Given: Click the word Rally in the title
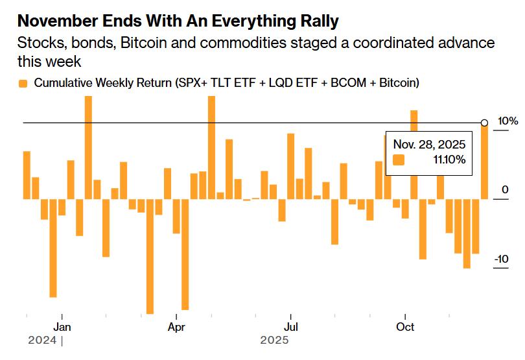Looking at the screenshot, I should pyautogui.click(x=315, y=21).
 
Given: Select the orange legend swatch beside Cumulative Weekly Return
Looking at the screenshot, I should pyautogui.click(x=23, y=83).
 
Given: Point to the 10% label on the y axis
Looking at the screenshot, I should pyautogui.click(x=507, y=121).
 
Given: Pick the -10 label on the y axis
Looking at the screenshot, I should pyautogui.click(x=501, y=259).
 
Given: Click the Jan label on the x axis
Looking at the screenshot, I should pyautogui.click(x=62, y=326).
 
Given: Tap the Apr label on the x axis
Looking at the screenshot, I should pyautogui.click(x=176, y=326).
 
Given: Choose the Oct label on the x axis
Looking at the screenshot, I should pyautogui.click(x=406, y=326).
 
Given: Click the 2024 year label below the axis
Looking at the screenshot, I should pyautogui.click(x=42, y=340).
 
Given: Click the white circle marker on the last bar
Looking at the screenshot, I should pyautogui.click(x=484, y=123).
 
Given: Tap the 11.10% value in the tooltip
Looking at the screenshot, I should pyautogui.click(x=447, y=160).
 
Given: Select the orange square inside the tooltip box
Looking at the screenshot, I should pyautogui.click(x=399, y=160).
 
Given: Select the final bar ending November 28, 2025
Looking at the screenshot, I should pyautogui.click(x=484, y=162).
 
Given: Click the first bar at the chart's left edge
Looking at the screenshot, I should pyautogui.click(x=27, y=175).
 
